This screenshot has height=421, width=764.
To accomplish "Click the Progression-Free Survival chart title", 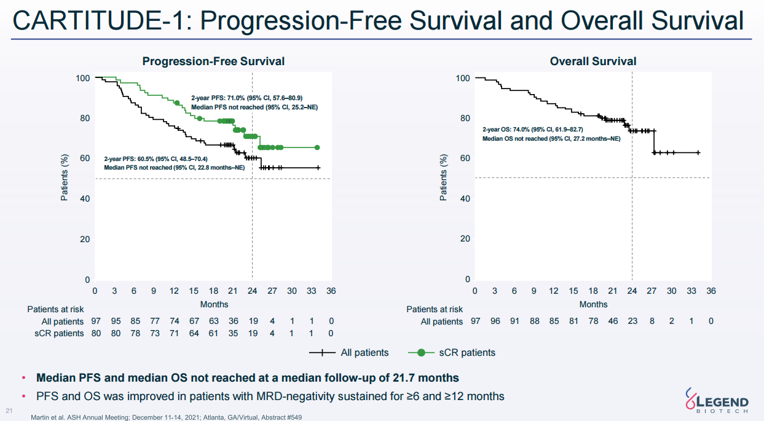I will (213, 61).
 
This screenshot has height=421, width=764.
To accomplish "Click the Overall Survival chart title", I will (593, 61).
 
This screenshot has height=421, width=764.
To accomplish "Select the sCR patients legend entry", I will (452, 353).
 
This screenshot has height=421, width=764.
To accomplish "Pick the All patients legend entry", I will (349, 353).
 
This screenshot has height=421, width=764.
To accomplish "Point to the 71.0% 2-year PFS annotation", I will (246, 98).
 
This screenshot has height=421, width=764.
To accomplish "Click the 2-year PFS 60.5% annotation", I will (160, 159).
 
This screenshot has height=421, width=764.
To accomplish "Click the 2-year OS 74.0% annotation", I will (532, 130).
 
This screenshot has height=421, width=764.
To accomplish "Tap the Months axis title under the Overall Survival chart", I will (593, 304).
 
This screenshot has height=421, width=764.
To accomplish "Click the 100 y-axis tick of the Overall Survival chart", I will (463, 79).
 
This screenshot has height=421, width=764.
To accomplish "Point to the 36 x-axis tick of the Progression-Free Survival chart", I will (331, 291).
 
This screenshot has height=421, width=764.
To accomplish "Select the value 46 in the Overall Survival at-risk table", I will (612, 321).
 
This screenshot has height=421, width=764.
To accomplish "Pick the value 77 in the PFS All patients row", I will (154, 321).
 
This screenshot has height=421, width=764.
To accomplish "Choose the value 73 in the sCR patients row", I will (154, 333).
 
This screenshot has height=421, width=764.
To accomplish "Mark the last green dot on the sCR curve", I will (317, 148).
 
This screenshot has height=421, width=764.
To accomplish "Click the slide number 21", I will (9, 411).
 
